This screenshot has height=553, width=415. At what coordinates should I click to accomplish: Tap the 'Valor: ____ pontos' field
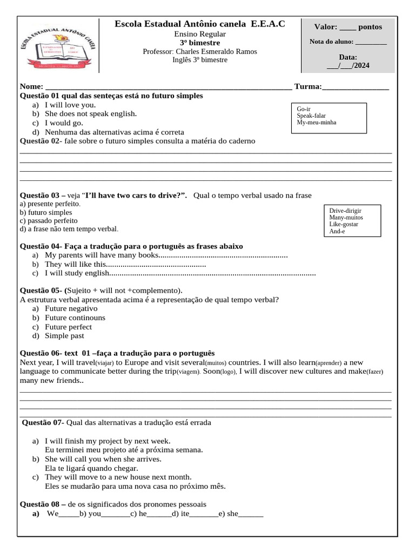[348, 27]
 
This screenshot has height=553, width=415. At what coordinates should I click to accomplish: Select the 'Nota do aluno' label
[331, 42]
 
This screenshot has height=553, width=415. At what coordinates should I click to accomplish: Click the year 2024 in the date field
[362, 66]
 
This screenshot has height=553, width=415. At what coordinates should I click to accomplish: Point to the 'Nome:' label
[31, 86]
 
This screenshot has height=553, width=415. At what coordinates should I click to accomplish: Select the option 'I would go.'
[64, 123]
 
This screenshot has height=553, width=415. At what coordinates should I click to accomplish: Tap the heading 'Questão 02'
[41, 141]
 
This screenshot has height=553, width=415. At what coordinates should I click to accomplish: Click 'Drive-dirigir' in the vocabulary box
[345, 210]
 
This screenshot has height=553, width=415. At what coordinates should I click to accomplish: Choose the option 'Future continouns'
[75, 318]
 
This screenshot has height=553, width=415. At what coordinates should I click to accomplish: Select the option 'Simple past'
[64, 336]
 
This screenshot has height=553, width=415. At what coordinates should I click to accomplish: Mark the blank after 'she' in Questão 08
[251, 514]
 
